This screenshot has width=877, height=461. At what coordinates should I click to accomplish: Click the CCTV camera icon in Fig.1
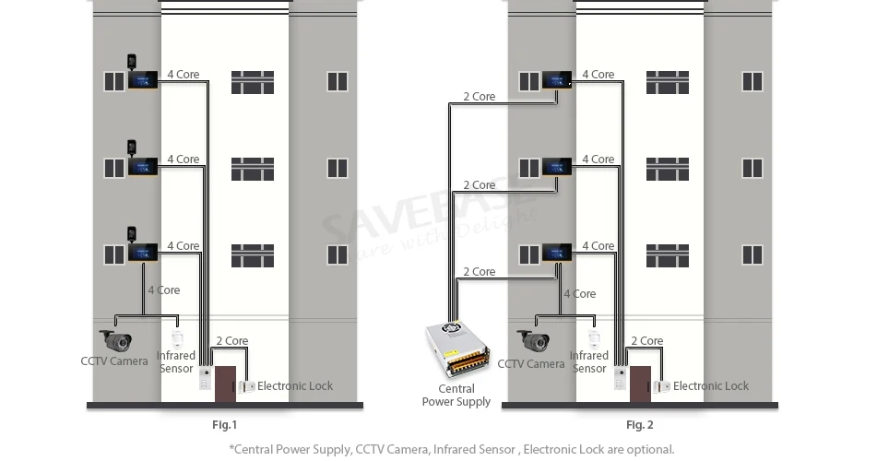point(116,340)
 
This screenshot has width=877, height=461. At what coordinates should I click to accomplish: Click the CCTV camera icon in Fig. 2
point(532,340)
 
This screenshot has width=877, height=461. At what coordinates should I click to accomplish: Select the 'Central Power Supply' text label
point(456,395)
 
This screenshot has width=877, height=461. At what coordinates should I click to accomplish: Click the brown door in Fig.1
point(225,384)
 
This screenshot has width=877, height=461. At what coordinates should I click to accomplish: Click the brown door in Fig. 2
point(640,384)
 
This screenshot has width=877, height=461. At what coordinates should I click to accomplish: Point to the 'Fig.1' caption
point(224,425)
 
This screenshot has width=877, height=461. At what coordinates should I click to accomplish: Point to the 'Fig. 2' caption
point(639,425)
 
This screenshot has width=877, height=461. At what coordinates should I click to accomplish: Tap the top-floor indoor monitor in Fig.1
point(143,80)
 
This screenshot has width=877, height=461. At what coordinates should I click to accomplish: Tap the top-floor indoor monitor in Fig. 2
point(557,80)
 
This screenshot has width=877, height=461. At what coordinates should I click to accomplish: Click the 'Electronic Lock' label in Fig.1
point(295,386)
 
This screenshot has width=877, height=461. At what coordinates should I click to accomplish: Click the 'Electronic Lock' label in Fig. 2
point(710,386)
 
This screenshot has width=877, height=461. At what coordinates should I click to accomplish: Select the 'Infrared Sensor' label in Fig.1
point(175,362)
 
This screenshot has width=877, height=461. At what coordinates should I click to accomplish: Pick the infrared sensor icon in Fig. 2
point(594,339)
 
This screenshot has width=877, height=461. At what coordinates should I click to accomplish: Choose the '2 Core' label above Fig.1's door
point(232,341)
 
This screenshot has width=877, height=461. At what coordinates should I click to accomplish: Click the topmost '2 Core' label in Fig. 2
point(480,96)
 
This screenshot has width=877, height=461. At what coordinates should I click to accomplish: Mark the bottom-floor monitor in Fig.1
point(143,253)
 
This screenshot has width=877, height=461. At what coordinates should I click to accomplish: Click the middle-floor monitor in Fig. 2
point(557,167)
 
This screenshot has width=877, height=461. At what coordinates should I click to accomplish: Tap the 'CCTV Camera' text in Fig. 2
point(531,363)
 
